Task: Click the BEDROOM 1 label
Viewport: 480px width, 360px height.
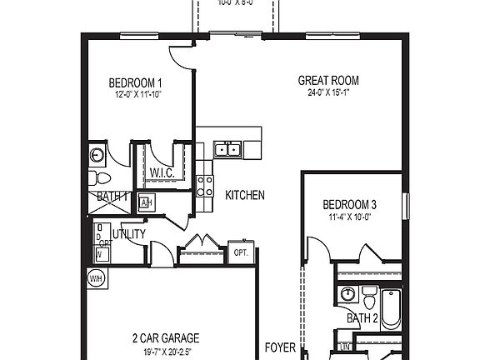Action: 135,82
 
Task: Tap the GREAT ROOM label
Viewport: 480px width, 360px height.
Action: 328,81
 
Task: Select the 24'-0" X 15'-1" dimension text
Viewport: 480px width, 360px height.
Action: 328,92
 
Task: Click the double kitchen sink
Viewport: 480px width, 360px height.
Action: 227,150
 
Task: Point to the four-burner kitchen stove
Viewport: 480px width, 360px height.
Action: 203,185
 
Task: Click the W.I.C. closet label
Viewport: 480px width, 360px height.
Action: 161,172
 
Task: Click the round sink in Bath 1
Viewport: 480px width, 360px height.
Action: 96,154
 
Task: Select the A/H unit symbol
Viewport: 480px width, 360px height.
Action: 146,202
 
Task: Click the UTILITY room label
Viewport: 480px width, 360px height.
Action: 129,234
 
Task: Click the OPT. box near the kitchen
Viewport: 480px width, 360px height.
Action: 241,252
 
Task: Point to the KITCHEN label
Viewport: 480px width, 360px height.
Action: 245,195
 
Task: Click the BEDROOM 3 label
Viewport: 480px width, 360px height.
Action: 350,204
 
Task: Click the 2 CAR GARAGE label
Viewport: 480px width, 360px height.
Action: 166,337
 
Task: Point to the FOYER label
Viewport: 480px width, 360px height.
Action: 279,347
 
